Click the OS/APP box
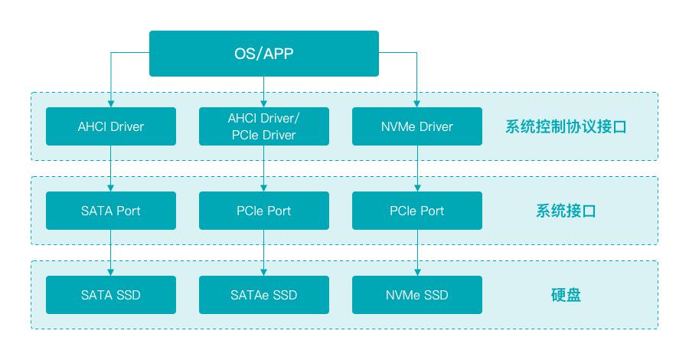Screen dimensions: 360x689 264,54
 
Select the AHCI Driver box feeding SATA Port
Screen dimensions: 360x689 111,126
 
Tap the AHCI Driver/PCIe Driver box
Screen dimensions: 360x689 264,126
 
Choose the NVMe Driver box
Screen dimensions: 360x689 417,126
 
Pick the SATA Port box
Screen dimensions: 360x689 111,211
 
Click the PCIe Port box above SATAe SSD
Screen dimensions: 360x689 264,211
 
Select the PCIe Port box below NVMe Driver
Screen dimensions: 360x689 417,211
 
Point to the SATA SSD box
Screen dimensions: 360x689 111,295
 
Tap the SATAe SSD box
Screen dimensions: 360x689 264,295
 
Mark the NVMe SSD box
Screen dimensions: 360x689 417,295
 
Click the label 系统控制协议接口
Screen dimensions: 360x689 566,127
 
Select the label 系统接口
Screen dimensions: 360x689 566,211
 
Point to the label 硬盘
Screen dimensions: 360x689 566,296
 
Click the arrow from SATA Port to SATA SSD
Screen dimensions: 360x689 111,253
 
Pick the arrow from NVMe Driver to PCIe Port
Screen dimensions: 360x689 417,169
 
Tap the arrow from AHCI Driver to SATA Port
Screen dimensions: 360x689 111,169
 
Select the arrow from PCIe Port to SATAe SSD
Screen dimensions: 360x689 264,253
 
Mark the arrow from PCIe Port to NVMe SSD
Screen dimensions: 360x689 417,253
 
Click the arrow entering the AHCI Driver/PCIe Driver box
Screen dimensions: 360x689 264,92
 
